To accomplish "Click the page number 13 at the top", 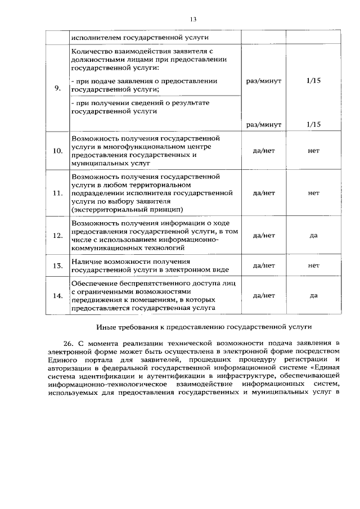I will (x=192, y=19).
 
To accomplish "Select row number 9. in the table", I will (x=57, y=88).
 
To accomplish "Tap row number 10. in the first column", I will (x=57, y=151).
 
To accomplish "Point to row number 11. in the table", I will (x=57, y=193).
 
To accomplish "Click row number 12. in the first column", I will (x=57, y=235).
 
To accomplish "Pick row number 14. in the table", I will (x=57, y=295).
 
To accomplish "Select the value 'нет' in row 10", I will (x=313, y=151).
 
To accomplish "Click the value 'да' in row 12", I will (x=313, y=235).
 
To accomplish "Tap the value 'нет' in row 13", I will (x=313, y=265).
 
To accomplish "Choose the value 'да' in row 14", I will (x=313, y=295).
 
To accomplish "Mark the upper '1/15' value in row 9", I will (x=313, y=81).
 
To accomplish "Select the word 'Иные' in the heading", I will (x=106, y=326).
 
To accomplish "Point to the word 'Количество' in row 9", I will (x=92, y=52).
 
